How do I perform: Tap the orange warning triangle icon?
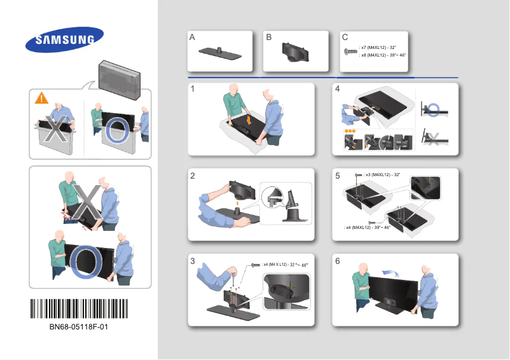pyautogui.click(x=41, y=98)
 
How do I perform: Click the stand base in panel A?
pyautogui.click(x=220, y=53)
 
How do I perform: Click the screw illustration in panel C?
pyautogui.click(x=350, y=51)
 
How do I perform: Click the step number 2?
pyautogui.click(x=193, y=177)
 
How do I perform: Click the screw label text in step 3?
pyautogui.click(x=285, y=264)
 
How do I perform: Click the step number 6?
pyautogui.click(x=338, y=261)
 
